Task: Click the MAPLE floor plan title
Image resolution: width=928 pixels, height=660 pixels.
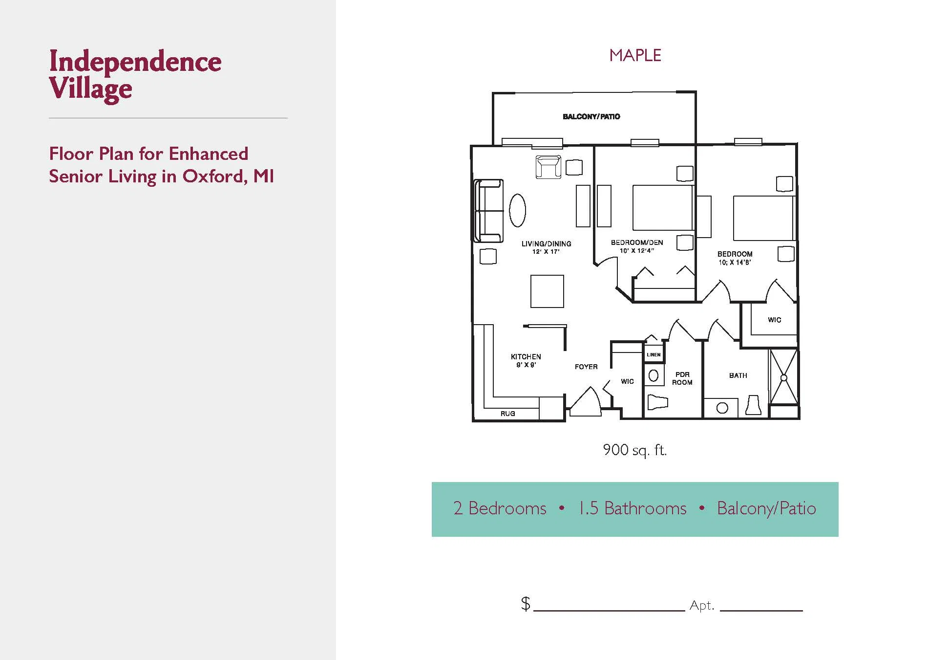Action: (x=635, y=55)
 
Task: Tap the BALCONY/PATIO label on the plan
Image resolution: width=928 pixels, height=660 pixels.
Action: (x=591, y=116)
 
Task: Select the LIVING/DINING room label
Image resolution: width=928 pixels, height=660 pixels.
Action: (x=546, y=243)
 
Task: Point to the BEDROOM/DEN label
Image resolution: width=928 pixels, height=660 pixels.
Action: (x=637, y=242)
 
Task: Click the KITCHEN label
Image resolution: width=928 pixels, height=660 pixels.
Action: (x=526, y=357)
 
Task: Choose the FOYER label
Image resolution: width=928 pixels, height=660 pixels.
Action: (x=586, y=367)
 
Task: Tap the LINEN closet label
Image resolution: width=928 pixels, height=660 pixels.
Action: (x=654, y=355)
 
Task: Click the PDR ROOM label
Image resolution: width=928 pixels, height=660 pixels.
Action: (x=682, y=378)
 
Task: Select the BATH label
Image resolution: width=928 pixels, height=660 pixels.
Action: (x=738, y=375)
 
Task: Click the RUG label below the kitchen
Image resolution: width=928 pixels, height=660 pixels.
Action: (x=507, y=414)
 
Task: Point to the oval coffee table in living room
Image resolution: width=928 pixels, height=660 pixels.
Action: (x=517, y=210)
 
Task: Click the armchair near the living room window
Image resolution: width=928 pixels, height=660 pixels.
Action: (x=548, y=167)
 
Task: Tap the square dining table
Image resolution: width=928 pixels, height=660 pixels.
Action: (x=547, y=291)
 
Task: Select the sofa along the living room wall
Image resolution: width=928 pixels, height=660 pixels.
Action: (x=489, y=211)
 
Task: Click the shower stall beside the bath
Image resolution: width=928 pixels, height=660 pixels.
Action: (x=784, y=377)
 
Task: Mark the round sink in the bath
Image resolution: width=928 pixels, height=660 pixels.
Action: (x=722, y=408)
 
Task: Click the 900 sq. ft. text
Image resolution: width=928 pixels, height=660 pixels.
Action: (x=634, y=450)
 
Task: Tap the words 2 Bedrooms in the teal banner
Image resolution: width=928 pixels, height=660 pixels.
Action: (x=500, y=508)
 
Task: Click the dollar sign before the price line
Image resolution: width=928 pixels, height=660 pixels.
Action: (x=526, y=604)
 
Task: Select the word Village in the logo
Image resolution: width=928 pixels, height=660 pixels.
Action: (x=91, y=88)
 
